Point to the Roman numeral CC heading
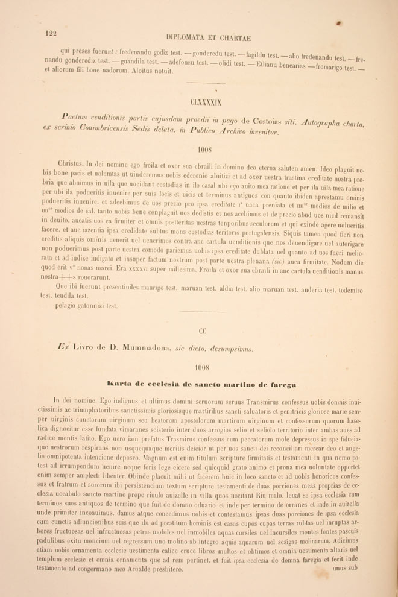[x=203, y=330]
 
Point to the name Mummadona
[x=150, y=347]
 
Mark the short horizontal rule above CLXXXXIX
[x=206, y=83]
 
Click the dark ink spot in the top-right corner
[x=340, y=23]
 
